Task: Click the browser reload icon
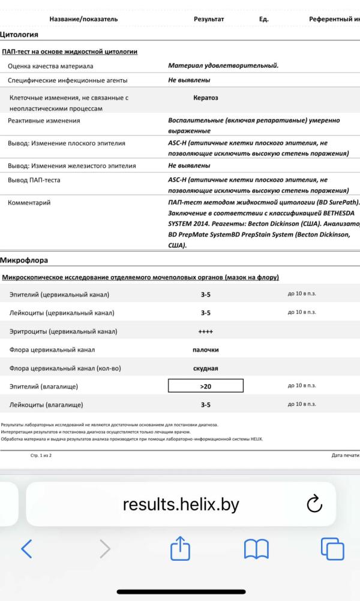[314, 504]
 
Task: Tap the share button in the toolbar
[180, 548]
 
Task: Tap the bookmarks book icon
[256, 549]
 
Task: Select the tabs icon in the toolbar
[332, 549]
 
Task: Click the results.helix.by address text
[181, 504]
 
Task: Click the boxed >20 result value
[205, 386]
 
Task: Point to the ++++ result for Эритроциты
[205, 331]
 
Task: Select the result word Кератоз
[205, 97]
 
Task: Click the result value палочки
[205, 349]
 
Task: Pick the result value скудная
[205, 368]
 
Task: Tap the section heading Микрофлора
[23, 261]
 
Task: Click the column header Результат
[209, 19]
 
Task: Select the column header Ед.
[263, 19]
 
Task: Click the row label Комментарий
[29, 203]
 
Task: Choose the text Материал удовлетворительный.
[223, 65]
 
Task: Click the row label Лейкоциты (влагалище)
[47, 405]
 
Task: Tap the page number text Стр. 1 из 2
[41, 456]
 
